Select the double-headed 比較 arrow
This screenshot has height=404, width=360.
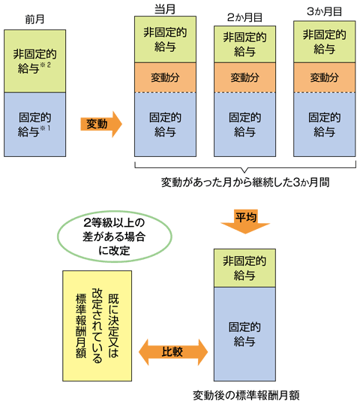tap(172, 349)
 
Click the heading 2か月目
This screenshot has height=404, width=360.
tap(244, 15)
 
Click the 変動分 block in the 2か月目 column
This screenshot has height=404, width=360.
tap(244, 77)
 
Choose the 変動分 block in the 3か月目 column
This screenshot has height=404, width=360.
tap(323, 77)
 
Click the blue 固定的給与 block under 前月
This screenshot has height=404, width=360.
tap(34, 124)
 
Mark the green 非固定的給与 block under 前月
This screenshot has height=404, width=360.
tap(34, 61)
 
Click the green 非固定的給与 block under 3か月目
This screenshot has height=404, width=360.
tap(323, 41)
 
